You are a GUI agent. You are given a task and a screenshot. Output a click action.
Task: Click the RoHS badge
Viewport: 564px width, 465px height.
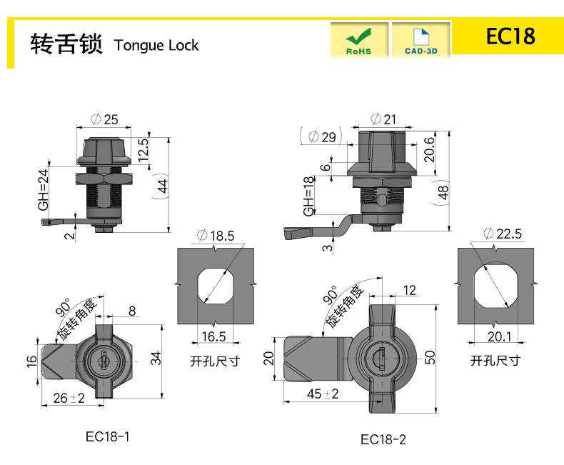tap(359, 40)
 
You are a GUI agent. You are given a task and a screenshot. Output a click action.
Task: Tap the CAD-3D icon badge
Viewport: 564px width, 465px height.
tap(421, 40)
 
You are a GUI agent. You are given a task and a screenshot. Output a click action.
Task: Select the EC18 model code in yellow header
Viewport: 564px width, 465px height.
tap(510, 36)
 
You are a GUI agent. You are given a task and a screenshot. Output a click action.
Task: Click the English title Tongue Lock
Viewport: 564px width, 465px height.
tap(156, 45)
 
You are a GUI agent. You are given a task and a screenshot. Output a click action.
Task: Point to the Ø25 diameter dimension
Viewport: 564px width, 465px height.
tap(104, 119)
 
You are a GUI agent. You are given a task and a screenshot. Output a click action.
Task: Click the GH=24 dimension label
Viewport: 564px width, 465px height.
tap(43, 190)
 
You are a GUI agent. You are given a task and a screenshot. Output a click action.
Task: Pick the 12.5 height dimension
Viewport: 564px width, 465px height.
tap(143, 150)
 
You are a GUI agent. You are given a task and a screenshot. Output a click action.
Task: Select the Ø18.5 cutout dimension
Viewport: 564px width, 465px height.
tap(216, 236)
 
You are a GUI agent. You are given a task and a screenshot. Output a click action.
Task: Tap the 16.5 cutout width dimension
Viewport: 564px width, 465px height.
tap(213, 337)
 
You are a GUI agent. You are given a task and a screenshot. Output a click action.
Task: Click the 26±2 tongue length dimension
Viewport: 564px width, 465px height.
tap(69, 398)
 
